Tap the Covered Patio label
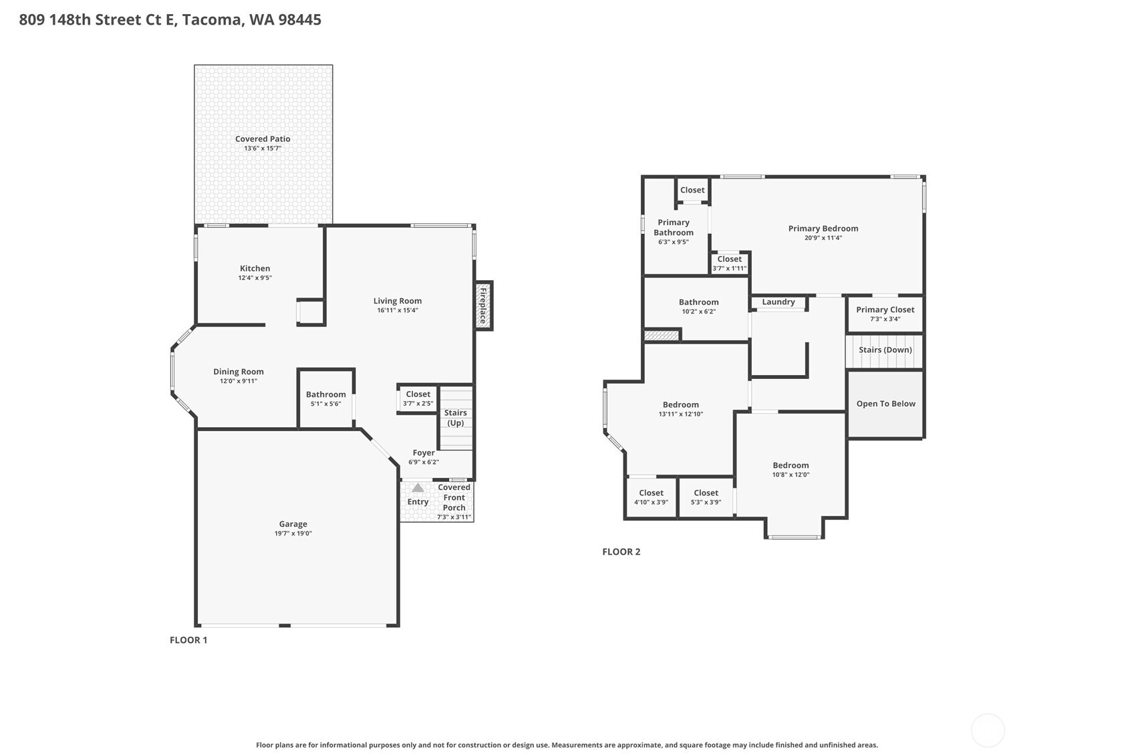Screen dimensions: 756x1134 pos(263,139)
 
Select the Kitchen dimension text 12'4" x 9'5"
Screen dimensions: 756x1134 pos(255,278)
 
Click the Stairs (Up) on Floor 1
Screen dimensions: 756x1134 pos(456,418)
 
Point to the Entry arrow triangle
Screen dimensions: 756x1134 pos(418,488)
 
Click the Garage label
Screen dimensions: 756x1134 pos(293,524)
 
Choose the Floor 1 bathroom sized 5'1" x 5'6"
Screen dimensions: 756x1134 pos(325,398)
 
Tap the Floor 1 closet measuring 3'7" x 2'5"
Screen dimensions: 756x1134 pos(418,398)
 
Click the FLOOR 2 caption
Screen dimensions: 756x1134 pos(621,551)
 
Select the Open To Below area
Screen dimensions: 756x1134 pos(885,404)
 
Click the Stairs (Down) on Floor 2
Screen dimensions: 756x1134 pos(885,350)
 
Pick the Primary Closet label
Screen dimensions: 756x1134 pos(885,309)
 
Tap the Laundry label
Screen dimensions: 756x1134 pos(778,302)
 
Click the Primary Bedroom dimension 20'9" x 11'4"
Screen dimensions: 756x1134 pos(823,238)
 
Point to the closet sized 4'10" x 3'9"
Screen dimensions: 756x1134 pos(651,497)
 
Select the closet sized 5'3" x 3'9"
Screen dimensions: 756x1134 pos(706,497)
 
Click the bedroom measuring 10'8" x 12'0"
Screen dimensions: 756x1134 pos(791,470)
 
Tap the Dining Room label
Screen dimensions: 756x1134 pos(239,372)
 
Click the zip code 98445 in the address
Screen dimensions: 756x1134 pos(299,19)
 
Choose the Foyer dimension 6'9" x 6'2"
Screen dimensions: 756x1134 pos(424,462)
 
